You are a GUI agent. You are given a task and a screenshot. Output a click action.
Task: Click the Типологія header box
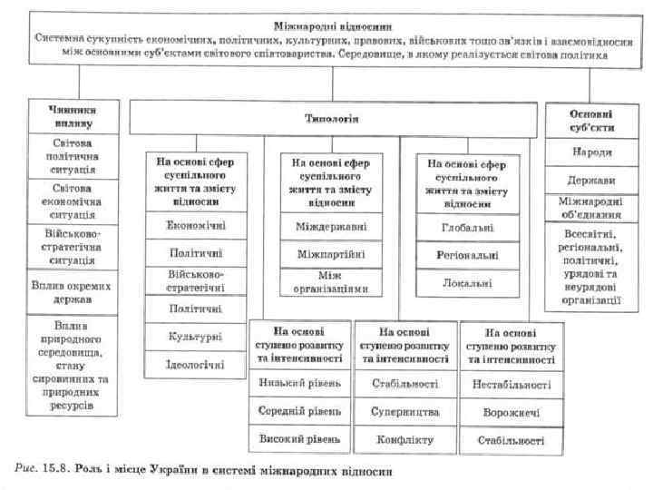[x=330, y=118]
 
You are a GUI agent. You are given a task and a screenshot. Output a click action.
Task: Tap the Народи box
[x=590, y=151]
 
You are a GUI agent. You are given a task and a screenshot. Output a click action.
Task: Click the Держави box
[x=590, y=180]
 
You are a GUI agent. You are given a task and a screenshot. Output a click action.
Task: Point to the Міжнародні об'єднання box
[x=590, y=209]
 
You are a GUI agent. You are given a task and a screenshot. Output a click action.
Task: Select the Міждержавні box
[x=331, y=224]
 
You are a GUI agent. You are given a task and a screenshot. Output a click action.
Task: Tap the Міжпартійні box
[x=331, y=253]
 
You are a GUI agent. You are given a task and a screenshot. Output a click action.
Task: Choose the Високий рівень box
[x=299, y=440]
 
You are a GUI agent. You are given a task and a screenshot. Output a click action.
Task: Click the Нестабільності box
[x=512, y=384]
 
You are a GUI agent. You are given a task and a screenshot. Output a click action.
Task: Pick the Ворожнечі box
[x=512, y=413]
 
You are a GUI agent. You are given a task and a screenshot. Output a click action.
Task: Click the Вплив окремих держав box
[x=70, y=292]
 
